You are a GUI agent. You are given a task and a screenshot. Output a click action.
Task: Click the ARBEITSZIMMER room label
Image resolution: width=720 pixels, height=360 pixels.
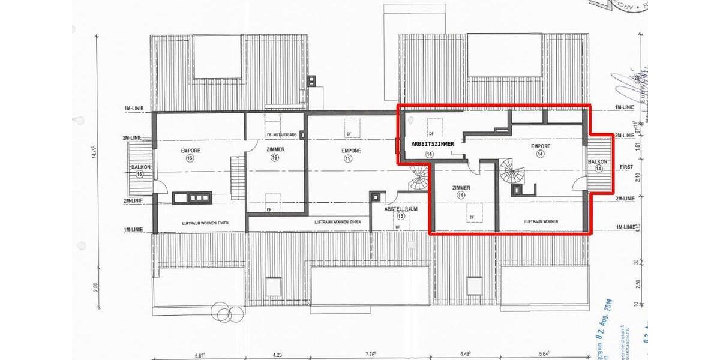tap(432, 145)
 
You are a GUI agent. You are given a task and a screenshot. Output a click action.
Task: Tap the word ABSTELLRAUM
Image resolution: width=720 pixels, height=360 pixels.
tap(401, 209)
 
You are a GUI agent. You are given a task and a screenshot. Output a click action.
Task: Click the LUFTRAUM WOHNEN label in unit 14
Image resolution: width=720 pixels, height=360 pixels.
tap(541, 221)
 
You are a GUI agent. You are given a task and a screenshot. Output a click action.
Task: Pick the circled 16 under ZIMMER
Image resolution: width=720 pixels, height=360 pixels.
tap(275, 158)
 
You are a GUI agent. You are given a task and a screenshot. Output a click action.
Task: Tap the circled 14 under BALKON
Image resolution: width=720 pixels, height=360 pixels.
tap(598, 169)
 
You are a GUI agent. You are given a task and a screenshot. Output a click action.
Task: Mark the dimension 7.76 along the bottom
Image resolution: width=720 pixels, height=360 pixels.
tap(369, 354)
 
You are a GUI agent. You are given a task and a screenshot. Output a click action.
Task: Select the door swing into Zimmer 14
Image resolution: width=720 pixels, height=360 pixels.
tap(474, 170)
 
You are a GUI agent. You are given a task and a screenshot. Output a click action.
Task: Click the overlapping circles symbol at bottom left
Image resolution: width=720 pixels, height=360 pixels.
tap(225, 312)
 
